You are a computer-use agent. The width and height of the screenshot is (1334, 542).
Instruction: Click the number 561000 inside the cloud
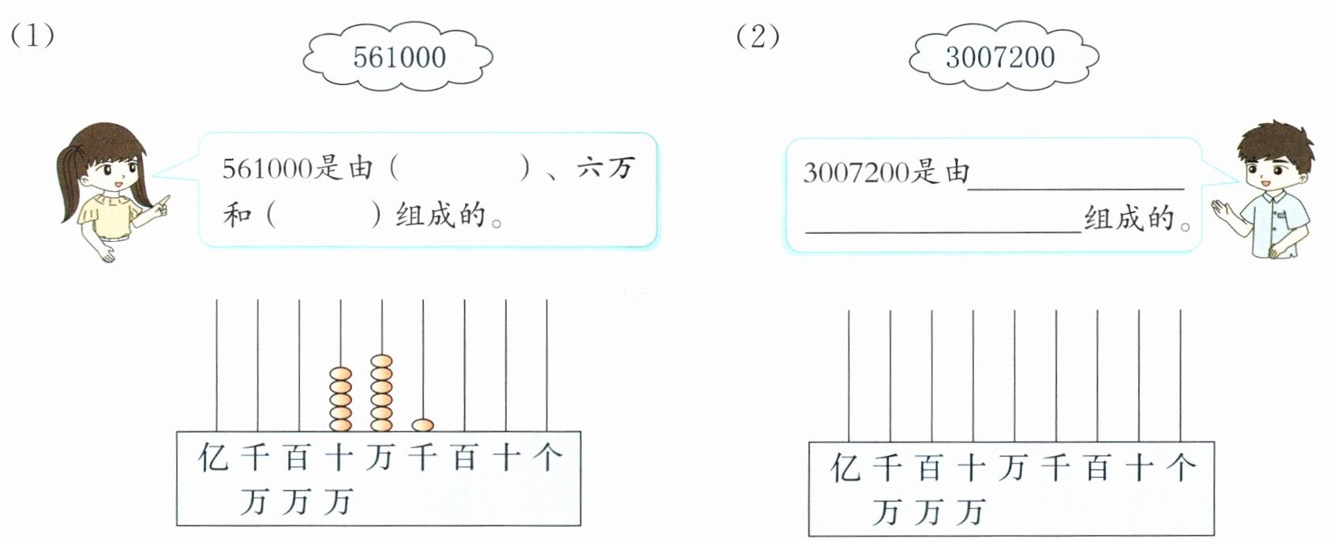click(x=399, y=57)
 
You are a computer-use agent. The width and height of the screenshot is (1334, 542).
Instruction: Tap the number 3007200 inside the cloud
click(x=1000, y=57)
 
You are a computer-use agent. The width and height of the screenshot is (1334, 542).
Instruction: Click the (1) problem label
click(x=32, y=36)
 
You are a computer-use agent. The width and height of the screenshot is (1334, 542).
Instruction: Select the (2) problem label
click(x=758, y=36)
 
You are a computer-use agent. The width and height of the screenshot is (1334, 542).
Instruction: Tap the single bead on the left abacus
click(x=423, y=425)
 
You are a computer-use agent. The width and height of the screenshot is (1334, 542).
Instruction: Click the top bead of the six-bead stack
click(x=381, y=362)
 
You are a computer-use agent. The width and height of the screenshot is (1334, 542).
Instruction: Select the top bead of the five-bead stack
click(x=340, y=374)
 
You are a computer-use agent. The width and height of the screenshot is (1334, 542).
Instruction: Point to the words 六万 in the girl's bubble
click(x=605, y=168)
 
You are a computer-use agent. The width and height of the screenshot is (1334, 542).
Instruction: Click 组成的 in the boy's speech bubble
click(x=1130, y=217)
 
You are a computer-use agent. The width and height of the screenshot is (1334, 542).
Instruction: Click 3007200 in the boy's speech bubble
click(x=856, y=173)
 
